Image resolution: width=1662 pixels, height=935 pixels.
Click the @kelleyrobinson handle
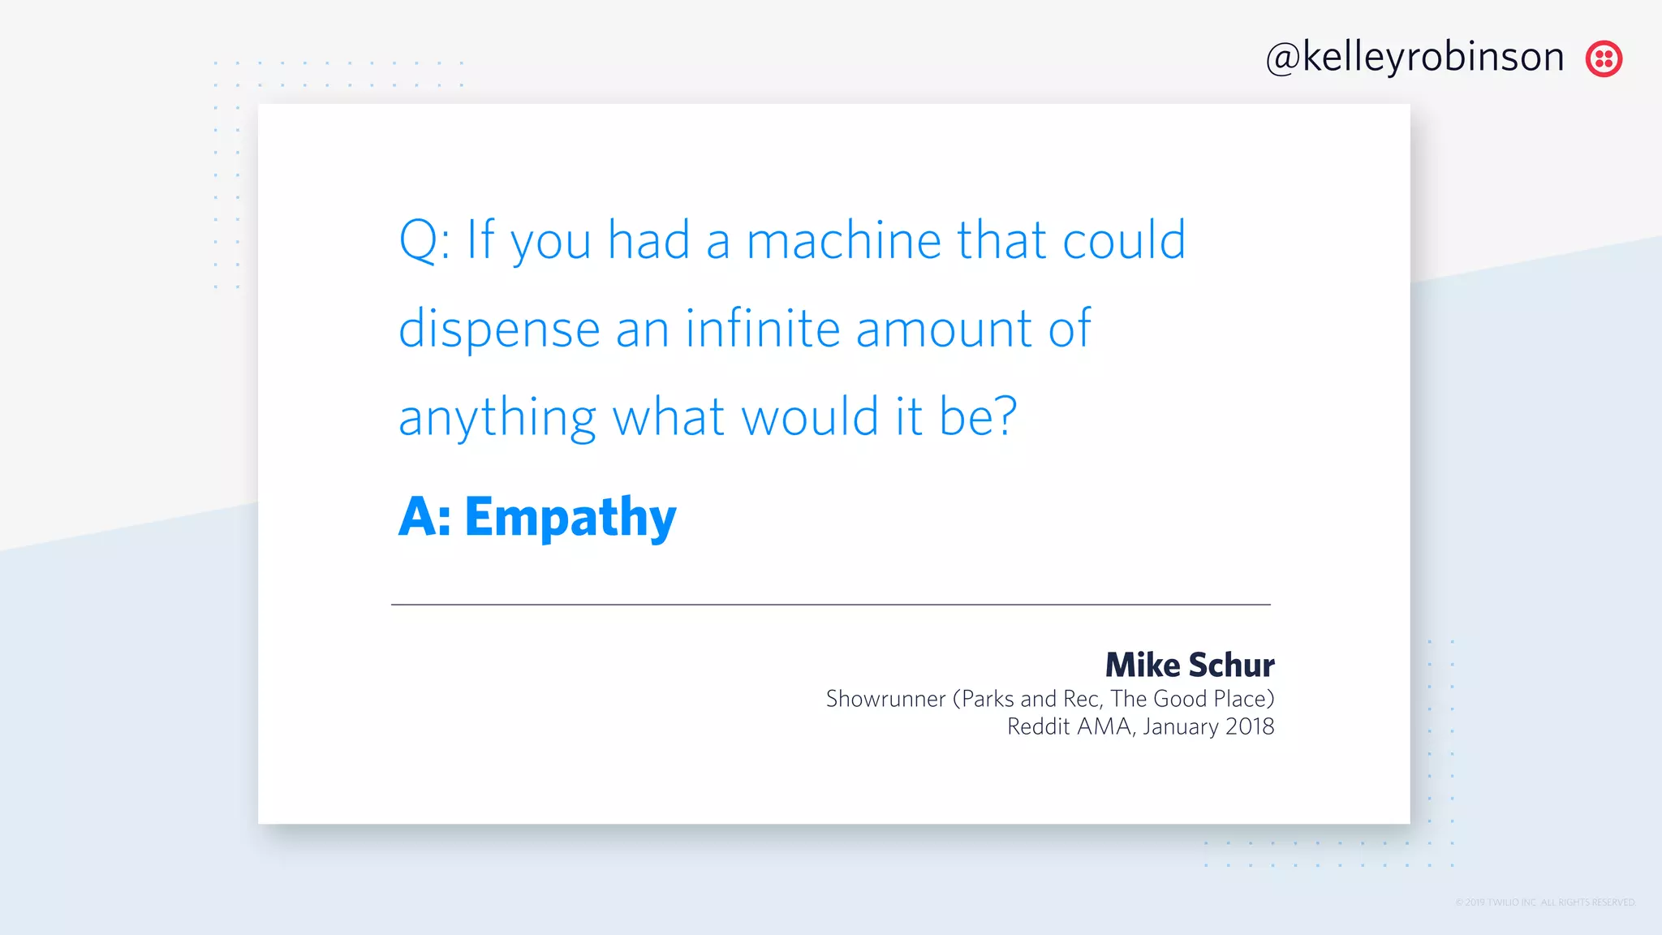coord(1414,58)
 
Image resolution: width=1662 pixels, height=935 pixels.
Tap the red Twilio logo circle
coord(1604,58)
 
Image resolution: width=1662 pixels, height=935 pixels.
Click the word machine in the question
coord(843,241)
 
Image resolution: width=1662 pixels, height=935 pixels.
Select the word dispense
coord(499,330)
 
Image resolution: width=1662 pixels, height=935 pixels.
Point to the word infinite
coord(762,329)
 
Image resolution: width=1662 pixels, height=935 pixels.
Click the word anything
coord(497,419)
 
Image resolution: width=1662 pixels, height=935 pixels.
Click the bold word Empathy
coord(570,518)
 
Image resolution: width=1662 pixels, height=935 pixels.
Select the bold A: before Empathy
coord(424,518)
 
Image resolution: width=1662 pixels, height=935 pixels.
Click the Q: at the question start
coord(424,241)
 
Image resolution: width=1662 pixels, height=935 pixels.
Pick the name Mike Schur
coord(1189,666)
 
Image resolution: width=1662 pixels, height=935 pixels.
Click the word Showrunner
coord(885,699)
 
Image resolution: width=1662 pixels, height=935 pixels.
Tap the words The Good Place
coord(1188,699)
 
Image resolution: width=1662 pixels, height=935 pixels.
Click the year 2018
coord(1250,726)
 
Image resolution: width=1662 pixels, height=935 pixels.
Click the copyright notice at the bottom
coord(1544,903)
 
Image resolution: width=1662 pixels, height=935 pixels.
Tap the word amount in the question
coord(944,330)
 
